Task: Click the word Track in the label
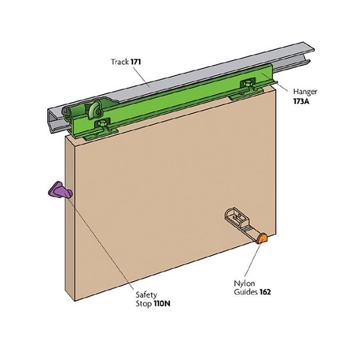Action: point(120,61)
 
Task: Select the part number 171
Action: point(135,61)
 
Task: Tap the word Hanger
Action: point(305,92)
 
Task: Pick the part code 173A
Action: point(301,101)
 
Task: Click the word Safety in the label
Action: point(146,295)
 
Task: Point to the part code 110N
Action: point(162,304)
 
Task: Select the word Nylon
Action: point(244,284)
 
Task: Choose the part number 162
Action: point(265,292)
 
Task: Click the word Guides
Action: point(246,292)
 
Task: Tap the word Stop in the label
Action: point(143,304)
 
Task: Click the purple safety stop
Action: point(60,190)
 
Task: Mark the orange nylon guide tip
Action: point(262,238)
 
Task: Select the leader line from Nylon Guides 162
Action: point(252,260)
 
